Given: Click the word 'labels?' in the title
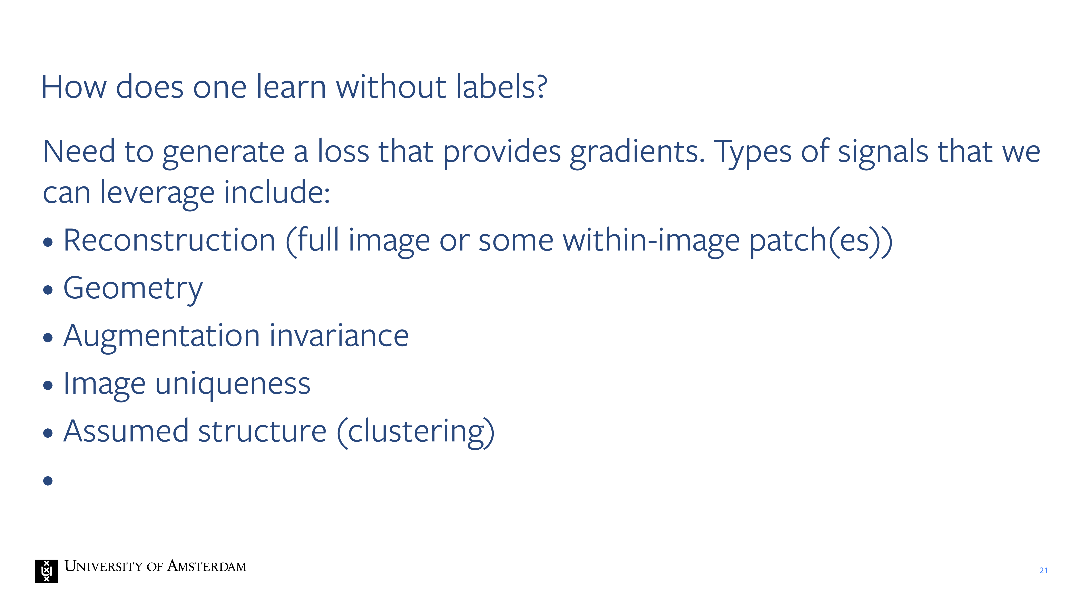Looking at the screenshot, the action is pos(501,86).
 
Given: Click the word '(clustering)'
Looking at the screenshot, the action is pos(415,432).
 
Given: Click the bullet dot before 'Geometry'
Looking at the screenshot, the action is pos(48,290).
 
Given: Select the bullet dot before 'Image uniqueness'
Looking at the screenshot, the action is pos(48,385).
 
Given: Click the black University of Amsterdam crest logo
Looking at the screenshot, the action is pos(47,571).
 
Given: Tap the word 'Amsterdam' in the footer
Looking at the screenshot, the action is pos(207,566).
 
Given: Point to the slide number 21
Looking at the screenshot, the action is pos(1043,571).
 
